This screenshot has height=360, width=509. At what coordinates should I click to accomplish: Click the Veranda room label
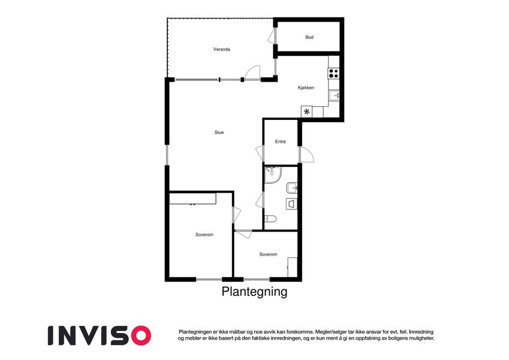pos(222,49)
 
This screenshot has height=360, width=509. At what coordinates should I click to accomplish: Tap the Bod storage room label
pos(309,37)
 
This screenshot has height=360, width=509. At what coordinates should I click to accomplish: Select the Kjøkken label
pos(306,88)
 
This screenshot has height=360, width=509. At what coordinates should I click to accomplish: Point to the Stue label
pos(219,132)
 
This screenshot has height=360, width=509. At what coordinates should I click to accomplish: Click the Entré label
pos(280,142)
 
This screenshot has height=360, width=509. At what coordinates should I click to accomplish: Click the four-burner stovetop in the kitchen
pos(334,73)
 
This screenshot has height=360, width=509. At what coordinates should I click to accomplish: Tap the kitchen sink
pos(335,95)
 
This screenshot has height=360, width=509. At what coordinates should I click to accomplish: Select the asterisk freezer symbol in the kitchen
pos(306,112)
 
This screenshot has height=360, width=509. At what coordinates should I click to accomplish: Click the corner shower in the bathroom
pos(273,175)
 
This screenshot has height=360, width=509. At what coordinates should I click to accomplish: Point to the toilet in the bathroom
pos(270,218)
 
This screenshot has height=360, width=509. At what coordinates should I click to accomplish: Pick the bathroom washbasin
pos(291,188)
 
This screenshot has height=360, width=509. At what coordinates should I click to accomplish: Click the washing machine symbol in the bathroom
pos(291,204)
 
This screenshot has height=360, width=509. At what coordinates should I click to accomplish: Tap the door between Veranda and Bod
pos(272,36)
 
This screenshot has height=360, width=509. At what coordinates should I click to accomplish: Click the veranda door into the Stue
pos(252,73)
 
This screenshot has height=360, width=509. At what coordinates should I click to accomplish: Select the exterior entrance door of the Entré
pos(306,155)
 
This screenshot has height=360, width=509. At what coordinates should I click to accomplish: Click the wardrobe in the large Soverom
pos(192,199)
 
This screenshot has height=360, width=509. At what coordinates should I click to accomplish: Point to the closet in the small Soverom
pos(293,267)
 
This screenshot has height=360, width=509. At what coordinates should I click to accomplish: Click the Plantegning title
pos(254,292)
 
